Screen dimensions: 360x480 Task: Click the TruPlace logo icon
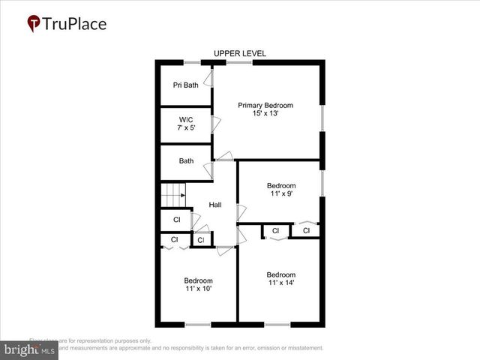click(x=33, y=23)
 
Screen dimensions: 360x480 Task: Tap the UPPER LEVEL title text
click(x=240, y=53)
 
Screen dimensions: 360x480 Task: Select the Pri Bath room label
click(x=186, y=85)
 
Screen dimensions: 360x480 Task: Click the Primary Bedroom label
click(x=265, y=105)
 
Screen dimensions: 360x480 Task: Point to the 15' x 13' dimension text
click(x=265, y=114)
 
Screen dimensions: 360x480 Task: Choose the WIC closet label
click(x=186, y=119)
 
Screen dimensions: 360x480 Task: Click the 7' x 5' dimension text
click(x=186, y=127)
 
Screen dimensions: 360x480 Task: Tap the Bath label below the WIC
click(x=186, y=160)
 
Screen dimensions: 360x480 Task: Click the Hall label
click(x=215, y=205)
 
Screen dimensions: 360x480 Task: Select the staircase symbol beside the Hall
click(x=173, y=196)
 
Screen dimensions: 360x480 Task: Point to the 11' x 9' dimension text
click(x=281, y=193)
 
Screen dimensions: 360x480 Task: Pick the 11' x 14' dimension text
click(x=280, y=283)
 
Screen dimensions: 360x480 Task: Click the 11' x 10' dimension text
click(x=199, y=289)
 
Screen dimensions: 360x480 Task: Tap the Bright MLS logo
click(x=30, y=349)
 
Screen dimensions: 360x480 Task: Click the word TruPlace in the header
click(x=75, y=23)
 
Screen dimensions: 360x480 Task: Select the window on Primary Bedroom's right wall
click(x=322, y=118)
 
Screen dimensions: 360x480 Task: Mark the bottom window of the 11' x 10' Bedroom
click(x=198, y=324)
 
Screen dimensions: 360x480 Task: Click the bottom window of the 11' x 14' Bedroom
click(x=277, y=324)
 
